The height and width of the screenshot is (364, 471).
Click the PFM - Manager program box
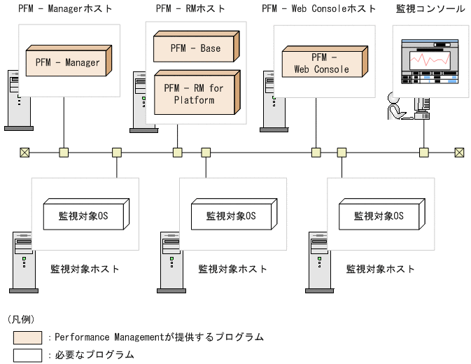click(63, 62)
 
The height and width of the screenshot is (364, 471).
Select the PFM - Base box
click(195, 48)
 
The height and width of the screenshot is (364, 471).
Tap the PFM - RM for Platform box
click(195, 94)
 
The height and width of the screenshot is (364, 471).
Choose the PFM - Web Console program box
click(321, 63)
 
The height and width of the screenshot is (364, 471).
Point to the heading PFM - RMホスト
click(190, 9)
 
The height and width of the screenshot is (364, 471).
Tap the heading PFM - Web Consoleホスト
click(318, 9)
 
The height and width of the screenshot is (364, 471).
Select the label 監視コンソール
click(430, 9)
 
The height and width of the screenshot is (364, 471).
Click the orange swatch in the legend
click(27, 337)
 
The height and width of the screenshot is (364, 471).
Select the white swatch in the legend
click(27, 355)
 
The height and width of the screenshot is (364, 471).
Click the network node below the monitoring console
click(423, 152)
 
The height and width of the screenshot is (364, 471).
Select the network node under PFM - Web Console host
click(316, 152)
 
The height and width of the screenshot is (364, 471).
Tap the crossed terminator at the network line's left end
click(24, 152)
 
